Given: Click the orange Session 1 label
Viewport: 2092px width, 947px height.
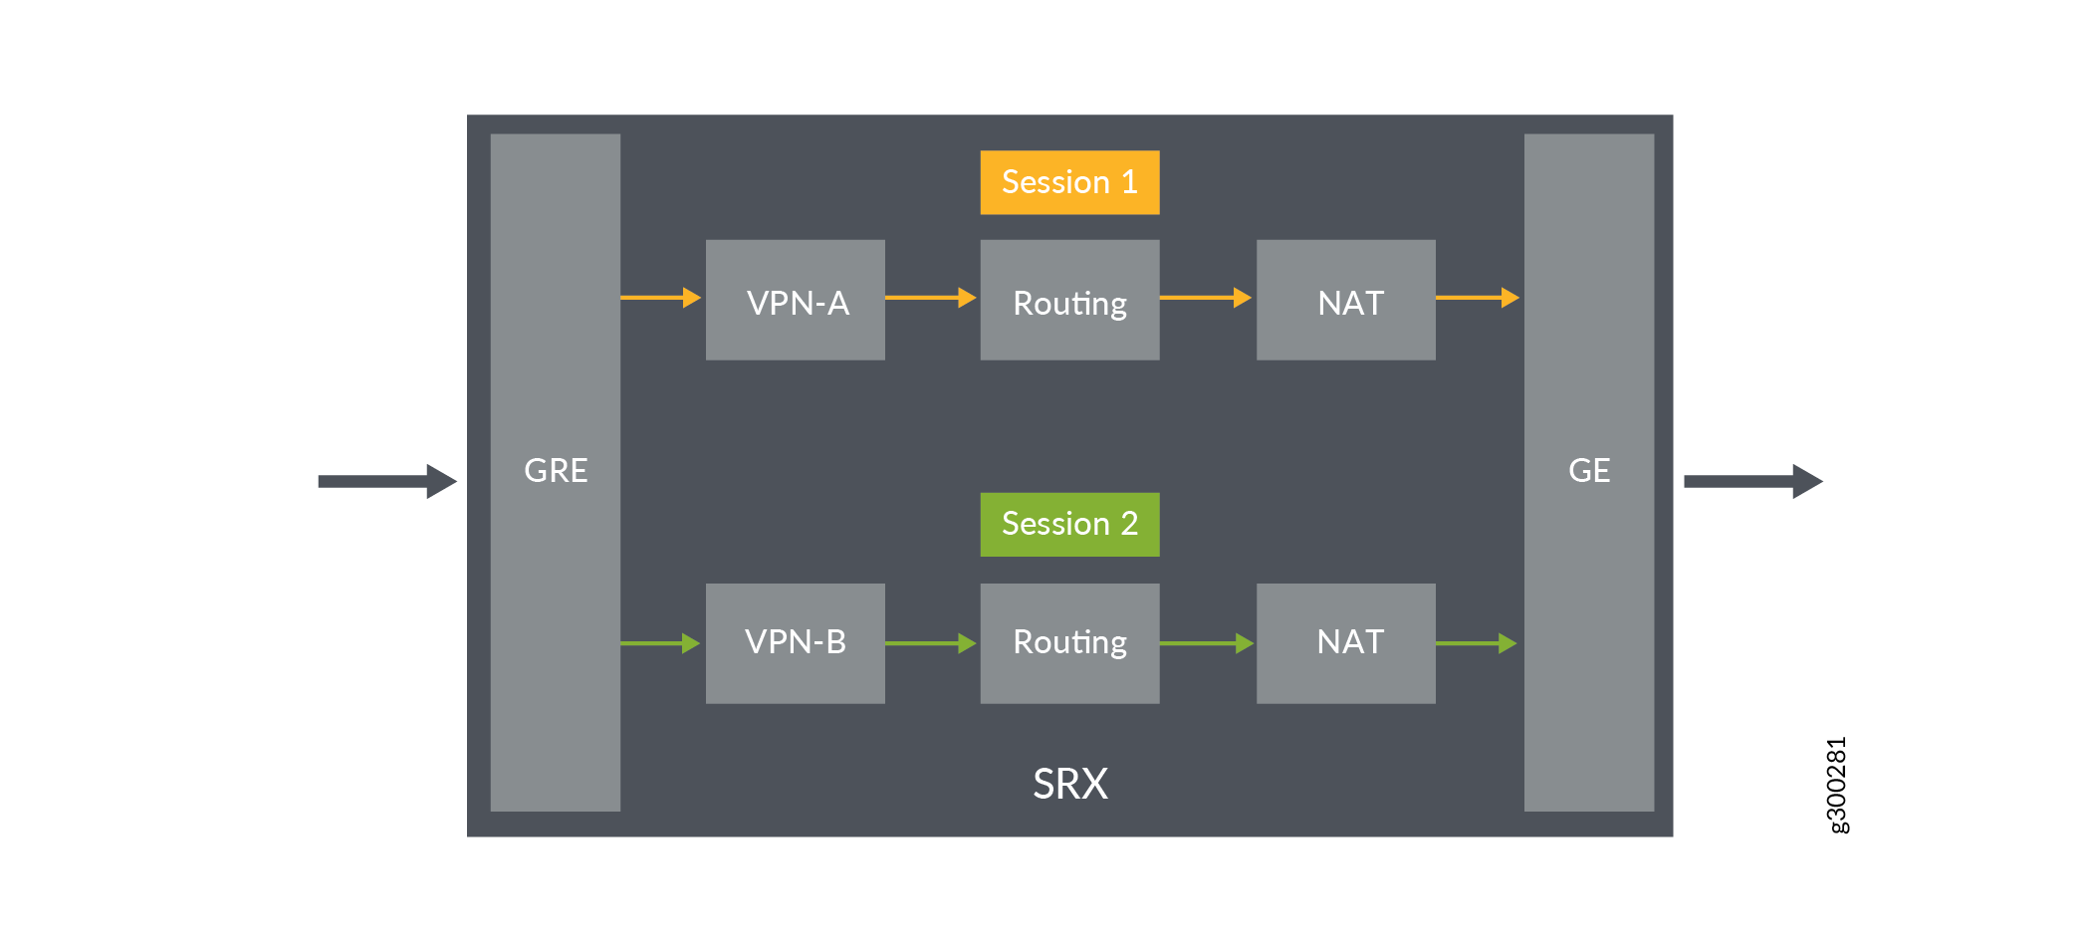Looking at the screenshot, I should [x=1069, y=182].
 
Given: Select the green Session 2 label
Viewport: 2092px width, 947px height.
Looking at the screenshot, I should [x=1069, y=524].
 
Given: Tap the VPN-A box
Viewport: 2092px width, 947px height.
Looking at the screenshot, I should [x=795, y=300].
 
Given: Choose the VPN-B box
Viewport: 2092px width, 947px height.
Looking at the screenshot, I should [x=795, y=642].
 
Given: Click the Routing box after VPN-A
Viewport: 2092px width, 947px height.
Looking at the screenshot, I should [x=1069, y=300].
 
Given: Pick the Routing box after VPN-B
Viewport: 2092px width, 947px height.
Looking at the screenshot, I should [x=1069, y=642].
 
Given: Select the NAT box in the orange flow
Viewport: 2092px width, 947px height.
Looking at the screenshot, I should [x=1345, y=300].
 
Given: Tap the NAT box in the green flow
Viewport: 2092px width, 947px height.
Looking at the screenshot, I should [x=1345, y=642].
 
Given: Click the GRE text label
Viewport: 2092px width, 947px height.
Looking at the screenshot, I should [x=556, y=470].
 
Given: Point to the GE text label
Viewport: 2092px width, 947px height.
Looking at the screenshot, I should [x=1588, y=470].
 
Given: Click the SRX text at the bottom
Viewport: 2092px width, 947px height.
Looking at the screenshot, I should [x=1069, y=784].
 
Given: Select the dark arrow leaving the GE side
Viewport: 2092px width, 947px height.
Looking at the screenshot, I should [x=1752, y=481].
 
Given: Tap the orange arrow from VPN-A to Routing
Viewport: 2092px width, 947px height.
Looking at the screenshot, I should [x=930, y=297].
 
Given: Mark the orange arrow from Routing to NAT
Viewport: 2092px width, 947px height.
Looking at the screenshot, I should [x=1205, y=297].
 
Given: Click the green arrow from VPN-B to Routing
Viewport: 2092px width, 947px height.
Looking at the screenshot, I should [x=930, y=643].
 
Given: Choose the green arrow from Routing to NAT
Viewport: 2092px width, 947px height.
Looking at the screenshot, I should [x=1206, y=643].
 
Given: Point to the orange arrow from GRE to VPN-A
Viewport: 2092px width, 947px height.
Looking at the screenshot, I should [x=660, y=297].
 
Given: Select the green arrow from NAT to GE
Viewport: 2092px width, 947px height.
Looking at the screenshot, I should [x=1476, y=643].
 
